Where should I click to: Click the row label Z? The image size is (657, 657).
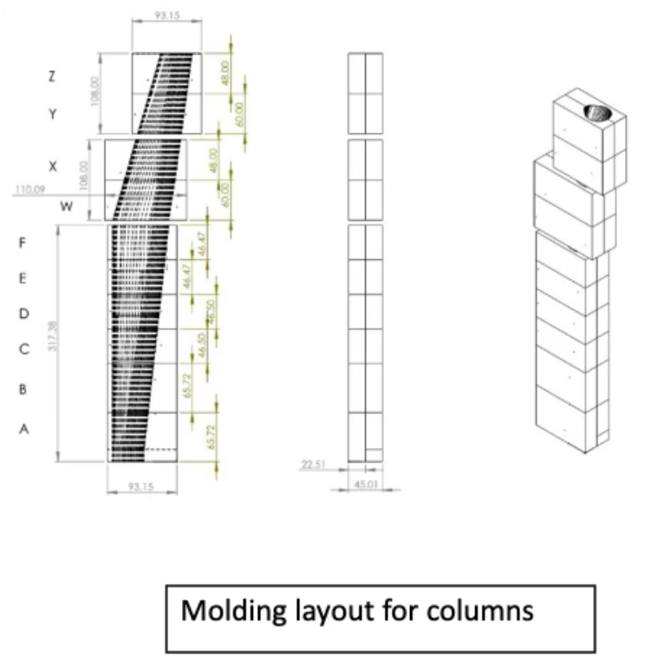coord(52,76)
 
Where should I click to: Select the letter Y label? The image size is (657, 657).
coord(52,114)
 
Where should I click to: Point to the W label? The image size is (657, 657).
coord(66,207)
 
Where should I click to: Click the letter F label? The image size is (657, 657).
coord(23,244)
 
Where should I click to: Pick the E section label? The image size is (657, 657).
coord(23,278)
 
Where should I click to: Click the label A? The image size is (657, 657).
coord(23,427)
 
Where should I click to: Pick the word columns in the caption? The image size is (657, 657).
coord(482,611)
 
